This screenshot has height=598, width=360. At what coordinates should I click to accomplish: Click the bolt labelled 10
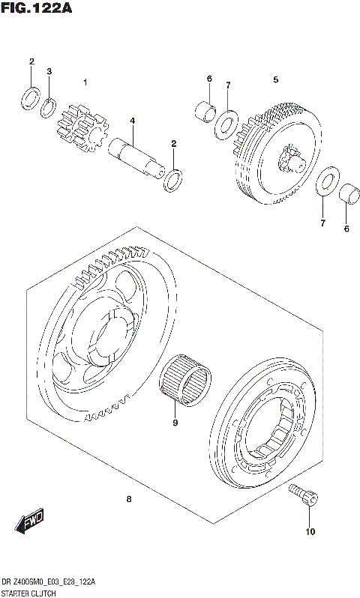point(303,495)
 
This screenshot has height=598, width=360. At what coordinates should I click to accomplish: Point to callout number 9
point(174,423)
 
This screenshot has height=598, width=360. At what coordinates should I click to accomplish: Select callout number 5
point(275,79)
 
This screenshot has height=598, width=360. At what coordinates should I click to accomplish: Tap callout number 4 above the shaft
point(132,121)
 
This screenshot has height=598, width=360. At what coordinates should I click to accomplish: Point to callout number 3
point(49,71)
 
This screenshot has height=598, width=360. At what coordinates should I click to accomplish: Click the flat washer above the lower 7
point(324,184)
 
